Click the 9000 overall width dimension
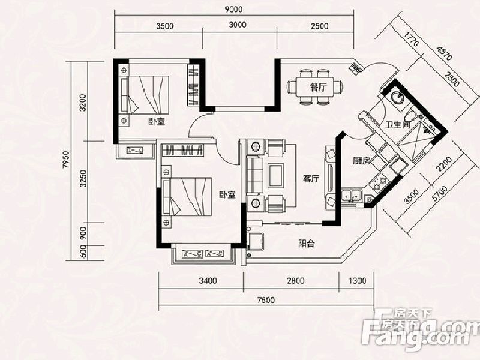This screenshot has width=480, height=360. (x=233, y=10)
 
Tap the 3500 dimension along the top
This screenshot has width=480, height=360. (x=164, y=26)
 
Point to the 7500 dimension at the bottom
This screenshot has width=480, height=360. (x=266, y=301)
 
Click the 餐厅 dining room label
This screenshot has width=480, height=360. (x=318, y=88)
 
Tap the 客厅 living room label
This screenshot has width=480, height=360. (x=311, y=179)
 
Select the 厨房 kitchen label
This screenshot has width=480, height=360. (x=361, y=160)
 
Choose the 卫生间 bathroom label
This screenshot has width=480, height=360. (x=398, y=125)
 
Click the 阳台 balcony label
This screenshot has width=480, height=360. (x=307, y=244)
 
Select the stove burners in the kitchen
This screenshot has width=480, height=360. (x=379, y=182)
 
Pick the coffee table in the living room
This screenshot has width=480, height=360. (x=275, y=175)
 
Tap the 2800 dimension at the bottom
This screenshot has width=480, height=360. (x=295, y=280)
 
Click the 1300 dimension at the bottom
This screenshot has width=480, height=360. (x=357, y=280)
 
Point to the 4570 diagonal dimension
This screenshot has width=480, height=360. (x=445, y=53)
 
